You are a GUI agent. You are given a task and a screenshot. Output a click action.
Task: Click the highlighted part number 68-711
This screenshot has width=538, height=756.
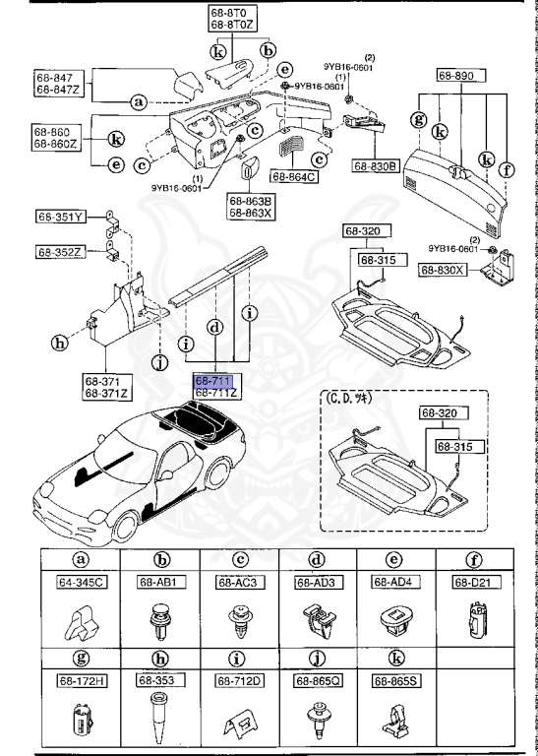211,380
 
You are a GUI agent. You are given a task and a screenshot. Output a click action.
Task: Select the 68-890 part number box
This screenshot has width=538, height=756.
456,75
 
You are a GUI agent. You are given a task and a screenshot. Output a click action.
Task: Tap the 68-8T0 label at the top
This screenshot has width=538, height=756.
232,12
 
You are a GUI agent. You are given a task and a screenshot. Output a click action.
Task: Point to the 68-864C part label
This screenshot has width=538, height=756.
299,178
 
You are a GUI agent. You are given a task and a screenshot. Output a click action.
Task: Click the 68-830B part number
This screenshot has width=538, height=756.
374,166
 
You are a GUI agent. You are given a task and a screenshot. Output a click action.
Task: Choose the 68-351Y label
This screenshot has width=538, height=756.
61,217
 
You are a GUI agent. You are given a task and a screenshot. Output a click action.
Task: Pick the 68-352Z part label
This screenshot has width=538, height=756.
61,252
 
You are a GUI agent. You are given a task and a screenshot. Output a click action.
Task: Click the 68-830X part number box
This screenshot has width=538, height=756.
444,269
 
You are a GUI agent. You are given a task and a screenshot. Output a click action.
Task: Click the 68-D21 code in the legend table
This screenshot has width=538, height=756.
472,583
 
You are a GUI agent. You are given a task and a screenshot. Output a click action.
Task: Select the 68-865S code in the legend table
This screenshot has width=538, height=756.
393,679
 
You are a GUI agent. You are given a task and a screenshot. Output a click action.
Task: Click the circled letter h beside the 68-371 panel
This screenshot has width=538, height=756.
61,344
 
